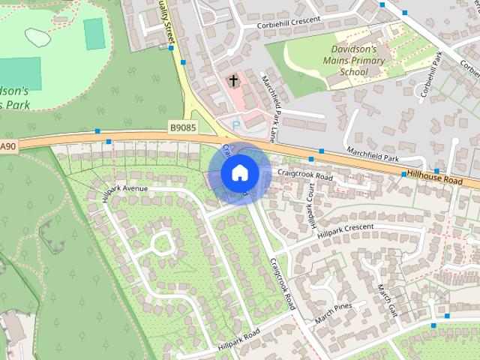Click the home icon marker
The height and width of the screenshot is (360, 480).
pyautogui.click(x=239, y=172)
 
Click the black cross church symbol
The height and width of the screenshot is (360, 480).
pyautogui.click(x=233, y=80)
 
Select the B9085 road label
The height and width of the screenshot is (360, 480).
pyautogui.click(x=182, y=128)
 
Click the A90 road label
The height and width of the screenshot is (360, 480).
pyautogui.click(x=7, y=145)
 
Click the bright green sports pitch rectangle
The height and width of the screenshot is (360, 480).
pyautogui.click(x=94, y=34)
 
